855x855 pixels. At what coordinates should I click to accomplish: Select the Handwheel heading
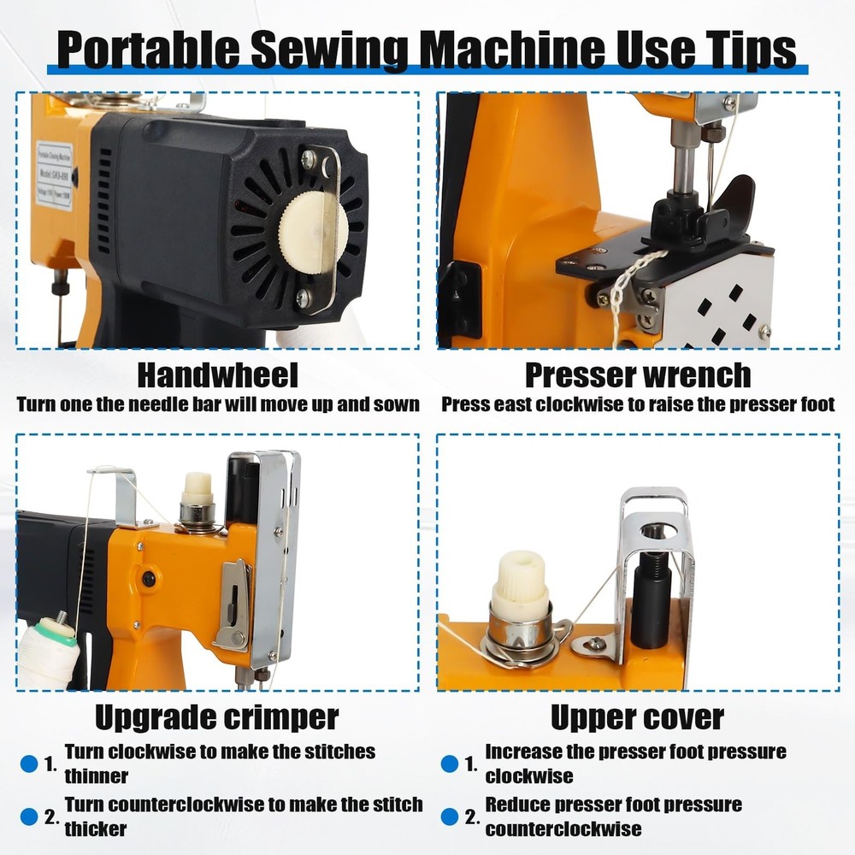217,375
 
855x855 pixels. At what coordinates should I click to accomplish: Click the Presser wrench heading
638,375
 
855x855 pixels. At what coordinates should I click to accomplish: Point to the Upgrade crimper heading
217,717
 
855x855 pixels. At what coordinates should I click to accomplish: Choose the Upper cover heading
638,717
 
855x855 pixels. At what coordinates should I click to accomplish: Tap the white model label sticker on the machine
55,174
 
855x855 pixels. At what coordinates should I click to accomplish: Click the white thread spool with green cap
48,652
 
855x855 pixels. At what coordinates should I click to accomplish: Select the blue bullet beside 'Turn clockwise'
29,764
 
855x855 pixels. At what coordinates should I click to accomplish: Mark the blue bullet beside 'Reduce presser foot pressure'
450,817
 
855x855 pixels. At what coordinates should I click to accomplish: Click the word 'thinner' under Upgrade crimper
97,776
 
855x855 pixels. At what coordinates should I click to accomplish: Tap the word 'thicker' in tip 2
96,828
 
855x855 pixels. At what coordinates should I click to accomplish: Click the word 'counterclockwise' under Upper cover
563,828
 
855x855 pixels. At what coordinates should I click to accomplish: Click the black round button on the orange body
148,579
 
